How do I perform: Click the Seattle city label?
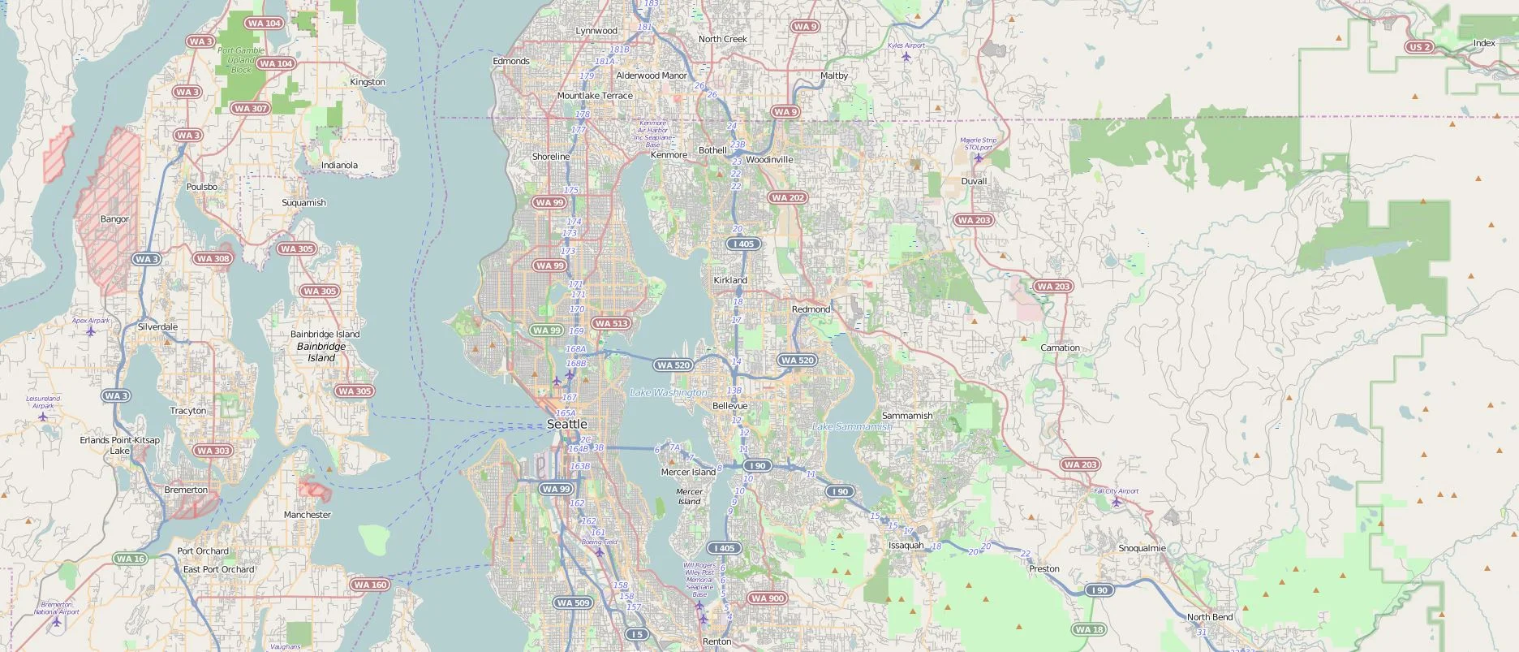(x=566, y=424)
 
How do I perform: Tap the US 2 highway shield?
(x=1419, y=47)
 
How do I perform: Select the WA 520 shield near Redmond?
(x=797, y=361)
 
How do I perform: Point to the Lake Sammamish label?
(x=851, y=426)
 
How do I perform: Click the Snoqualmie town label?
(x=1142, y=548)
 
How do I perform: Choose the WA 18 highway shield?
(x=1088, y=629)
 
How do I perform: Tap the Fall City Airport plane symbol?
(x=1117, y=501)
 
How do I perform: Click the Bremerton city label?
(x=186, y=490)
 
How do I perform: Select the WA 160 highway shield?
(x=371, y=585)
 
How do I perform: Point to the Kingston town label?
(x=368, y=82)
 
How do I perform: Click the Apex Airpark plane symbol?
(x=91, y=330)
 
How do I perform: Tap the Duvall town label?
(x=974, y=181)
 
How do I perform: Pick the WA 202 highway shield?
(x=787, y=197)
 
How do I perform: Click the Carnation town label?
(x=1060, y=348)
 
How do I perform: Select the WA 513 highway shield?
(x=610, y=323)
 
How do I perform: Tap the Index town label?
(x=1483, y=43)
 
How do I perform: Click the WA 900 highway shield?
(x=767, y=598)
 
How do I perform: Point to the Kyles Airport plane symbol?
(x=906, y=56)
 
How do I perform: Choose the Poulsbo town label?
(x=202, y=187)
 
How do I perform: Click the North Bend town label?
(x=1209, y=617)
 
